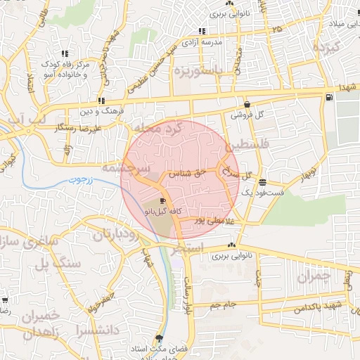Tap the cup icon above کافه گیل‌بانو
pyautogui.click(x=163, y=201)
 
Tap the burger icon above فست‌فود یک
pyautogui.click(x=262, y=182)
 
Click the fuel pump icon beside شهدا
pyautogui.click(x=329, y=96)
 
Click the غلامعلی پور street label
pyautogui.click(x=222, y=221)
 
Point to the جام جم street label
pyautogui.click(x=224, y=304)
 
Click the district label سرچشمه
pyautogui.click(x=124, y=169)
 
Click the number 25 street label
pyautogui.click(x=277, y=29)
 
